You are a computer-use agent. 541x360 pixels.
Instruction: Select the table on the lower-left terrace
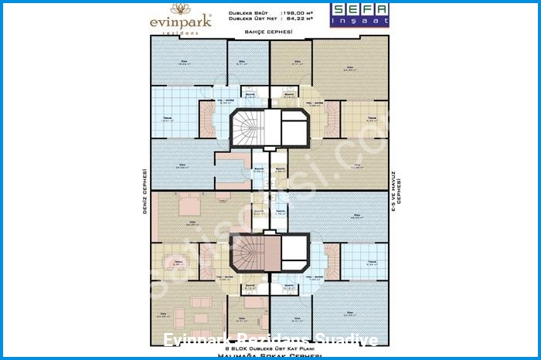pyautogui.click(x=179, y=270)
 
